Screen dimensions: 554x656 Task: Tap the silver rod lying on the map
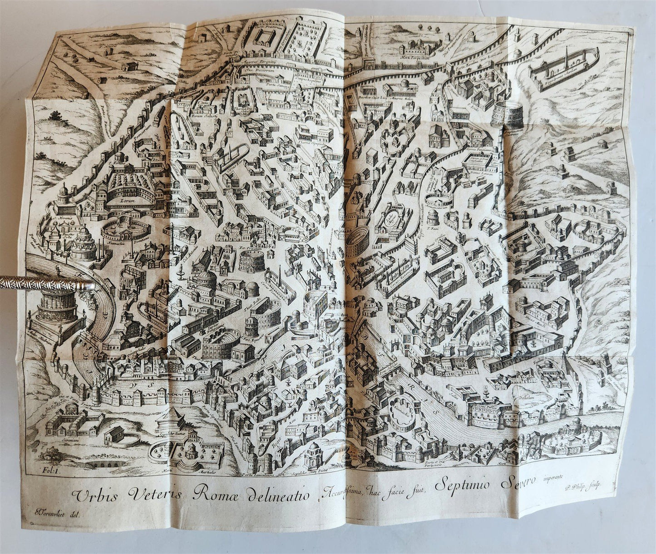point(45,287)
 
